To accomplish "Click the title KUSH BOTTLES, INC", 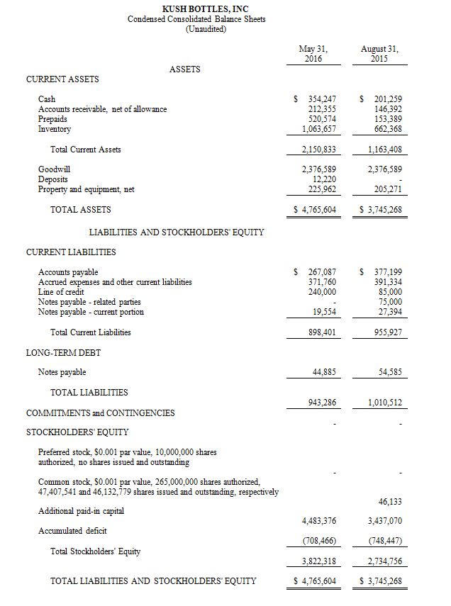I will pyautogui.click(x=196, y=8).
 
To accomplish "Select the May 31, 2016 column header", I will pyautogui.click(x=313, y=53).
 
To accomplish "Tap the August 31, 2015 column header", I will pyautogui.click(x=379, y=53).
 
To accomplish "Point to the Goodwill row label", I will pyautogui.click(x=54, y=169).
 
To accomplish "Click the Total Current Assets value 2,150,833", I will pyautogui.click(x=315, y=150).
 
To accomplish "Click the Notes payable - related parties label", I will pyautogui.click(x=89, y=302).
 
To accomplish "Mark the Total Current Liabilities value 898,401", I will pyautogui.click(x=321, y=332).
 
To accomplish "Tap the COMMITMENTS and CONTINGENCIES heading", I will pyautogui.click(x=100, y=413).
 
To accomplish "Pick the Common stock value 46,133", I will pyautogui.click(x=390, y=501).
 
